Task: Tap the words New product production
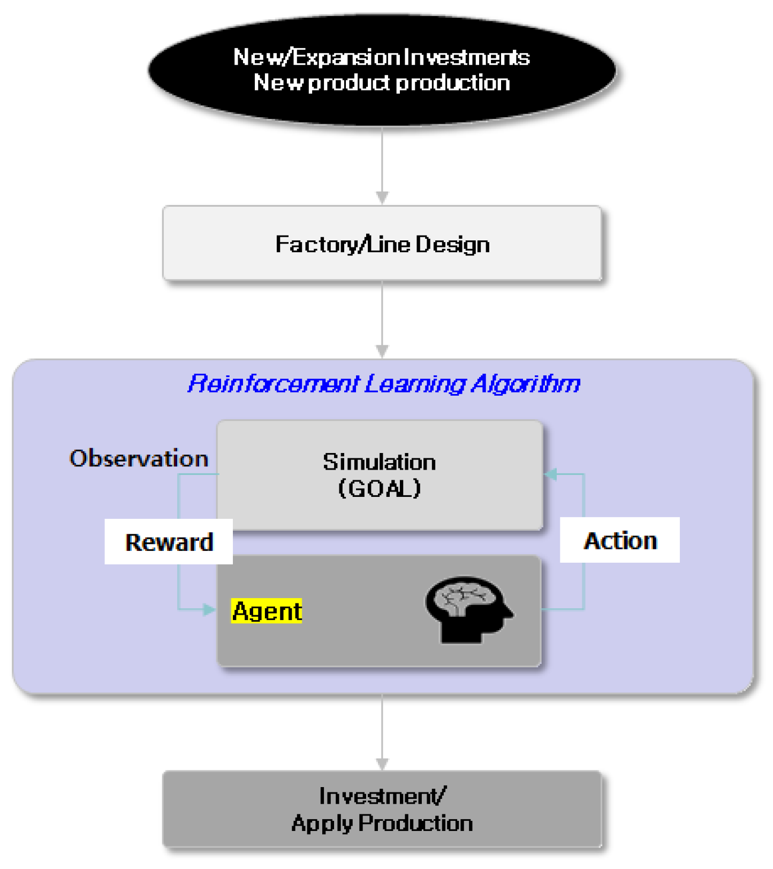pyautogui.click(x=382, y=83)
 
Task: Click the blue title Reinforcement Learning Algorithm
pyautogui.click(x=383, y=383)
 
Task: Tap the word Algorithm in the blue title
pyautogui.click(x=526, y=383)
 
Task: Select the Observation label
pyautogui.click(x=139, y=458)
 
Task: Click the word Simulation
pyautogui.click(x=379, y=462)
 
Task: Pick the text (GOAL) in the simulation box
pyautogui.click(x=379, y=488)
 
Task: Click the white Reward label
pyautogui.click(x=169, y=542)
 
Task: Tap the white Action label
pyautogui.click(x=620, y=540)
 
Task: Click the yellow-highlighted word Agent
pyautogui.click(x=267, y=611)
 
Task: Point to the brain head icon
pyautogui.click(x=467, y=609)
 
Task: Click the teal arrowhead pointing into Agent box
pyautogui.click(x=209, y=609)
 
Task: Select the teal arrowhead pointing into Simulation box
pyautogui.click(x=551, y=474)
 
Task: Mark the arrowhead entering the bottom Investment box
pyautogui.click(x=382, y=764)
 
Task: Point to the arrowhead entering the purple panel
pyautogui.click(x=382, y=351)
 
